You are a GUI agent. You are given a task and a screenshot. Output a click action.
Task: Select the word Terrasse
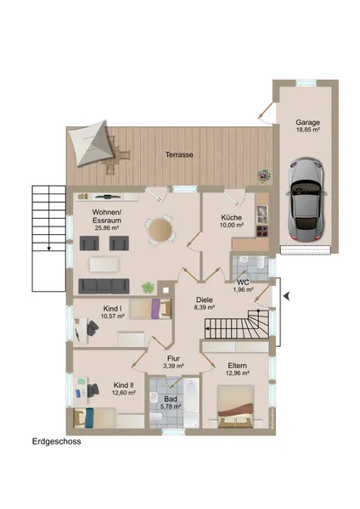(x=179, y=155)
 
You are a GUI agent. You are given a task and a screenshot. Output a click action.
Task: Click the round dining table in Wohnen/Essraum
(x=159, y=229)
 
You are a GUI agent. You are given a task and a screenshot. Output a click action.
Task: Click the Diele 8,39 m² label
(x=205, y=303)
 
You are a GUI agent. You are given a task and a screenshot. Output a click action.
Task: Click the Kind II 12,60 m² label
(x=124, y=389)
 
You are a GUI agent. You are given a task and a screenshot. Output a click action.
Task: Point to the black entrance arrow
(x=286, y=295)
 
